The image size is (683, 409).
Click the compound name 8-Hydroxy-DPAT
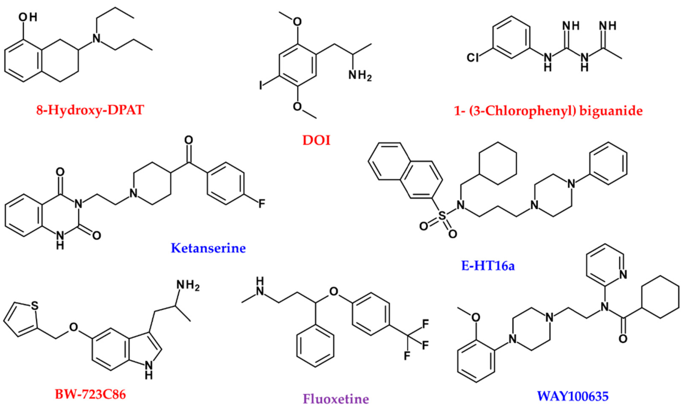90,110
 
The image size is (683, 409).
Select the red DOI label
316,140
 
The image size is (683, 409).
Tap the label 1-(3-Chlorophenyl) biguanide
548,111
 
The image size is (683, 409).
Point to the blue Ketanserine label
208,248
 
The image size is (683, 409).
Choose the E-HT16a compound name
488,266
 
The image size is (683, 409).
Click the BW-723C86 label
90,394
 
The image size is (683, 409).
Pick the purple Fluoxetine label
336,399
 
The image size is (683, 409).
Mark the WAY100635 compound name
572,396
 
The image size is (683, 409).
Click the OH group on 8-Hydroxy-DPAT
28,17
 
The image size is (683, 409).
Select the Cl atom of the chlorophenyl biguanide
473,58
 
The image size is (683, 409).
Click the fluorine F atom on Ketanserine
262,204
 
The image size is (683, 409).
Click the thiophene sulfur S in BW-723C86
34,306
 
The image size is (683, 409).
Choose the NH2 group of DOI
360,75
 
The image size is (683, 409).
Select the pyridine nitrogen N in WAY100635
623,274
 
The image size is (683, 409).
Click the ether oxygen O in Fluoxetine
333,291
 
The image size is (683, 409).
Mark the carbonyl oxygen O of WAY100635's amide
623,339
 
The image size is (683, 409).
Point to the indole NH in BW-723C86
149,369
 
